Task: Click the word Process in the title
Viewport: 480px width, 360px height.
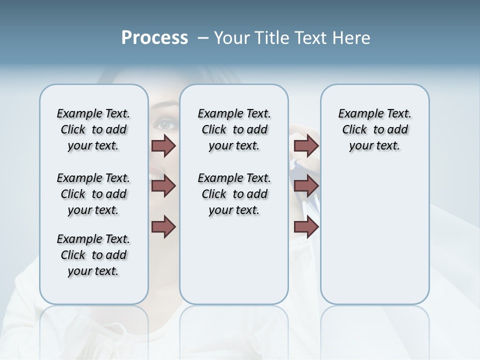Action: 154,38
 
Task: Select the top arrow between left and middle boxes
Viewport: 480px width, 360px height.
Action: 163,146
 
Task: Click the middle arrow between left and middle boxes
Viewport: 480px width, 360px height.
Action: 163,186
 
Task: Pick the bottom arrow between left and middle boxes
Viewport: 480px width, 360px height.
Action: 163,227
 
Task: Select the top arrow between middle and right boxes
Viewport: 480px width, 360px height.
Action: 306,146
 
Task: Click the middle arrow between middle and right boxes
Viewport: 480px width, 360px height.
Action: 306,186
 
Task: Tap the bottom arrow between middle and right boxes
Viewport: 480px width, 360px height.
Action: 306,227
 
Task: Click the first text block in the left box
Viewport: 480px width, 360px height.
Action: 93,129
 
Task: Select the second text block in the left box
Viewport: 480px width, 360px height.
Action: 93,194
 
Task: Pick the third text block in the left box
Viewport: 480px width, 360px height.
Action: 93,255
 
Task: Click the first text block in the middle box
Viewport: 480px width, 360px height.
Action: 234,129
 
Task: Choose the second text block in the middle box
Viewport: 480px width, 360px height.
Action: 234,194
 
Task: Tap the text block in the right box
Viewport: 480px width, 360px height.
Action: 375,129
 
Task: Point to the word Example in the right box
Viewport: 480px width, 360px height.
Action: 357,114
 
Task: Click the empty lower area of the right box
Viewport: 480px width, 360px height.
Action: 375,240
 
